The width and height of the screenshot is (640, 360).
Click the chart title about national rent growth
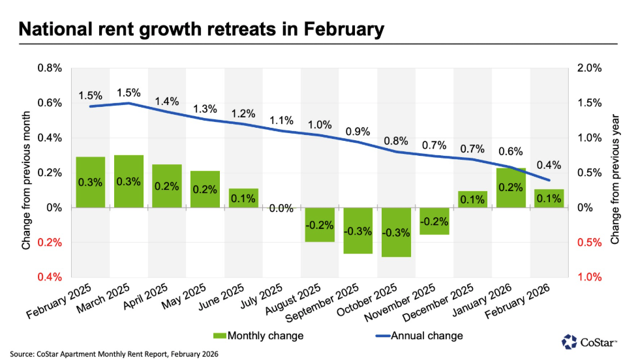(x=200, y=29)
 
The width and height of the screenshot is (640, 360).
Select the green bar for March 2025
(x=129, y=181)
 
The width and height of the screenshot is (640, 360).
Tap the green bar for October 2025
(x=395, y=232)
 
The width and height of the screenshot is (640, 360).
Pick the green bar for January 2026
(x=510, y=188)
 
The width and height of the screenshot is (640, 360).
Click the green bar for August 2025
(x=319, y=224)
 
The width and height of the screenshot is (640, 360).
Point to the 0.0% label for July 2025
(x=281, y=208)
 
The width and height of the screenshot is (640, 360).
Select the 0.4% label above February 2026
(x=549, y=165)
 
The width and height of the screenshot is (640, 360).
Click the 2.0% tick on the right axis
(x=585, y=68)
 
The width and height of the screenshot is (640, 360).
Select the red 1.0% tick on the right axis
(x=585, y=277)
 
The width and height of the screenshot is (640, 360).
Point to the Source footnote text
(x=115, y=353)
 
